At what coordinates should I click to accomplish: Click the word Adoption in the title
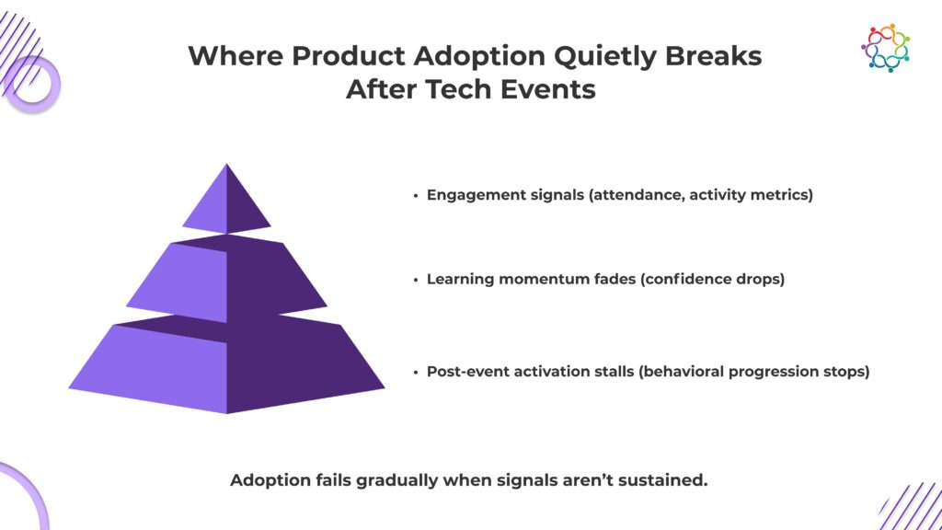coord(479,57)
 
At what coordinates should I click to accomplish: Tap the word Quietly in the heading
coord(605,57)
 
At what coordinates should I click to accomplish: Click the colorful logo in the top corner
coord(886,48)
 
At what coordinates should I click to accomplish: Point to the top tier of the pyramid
coord(226,202)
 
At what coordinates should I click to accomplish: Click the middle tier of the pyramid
coord(226,278)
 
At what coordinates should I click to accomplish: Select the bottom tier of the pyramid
coord(226,364)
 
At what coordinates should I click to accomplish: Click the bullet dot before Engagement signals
coord(415,195)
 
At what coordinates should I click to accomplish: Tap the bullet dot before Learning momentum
coord(415,280)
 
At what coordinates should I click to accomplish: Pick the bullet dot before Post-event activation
coord(415,372)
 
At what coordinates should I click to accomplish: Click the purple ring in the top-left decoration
coord(33,84)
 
